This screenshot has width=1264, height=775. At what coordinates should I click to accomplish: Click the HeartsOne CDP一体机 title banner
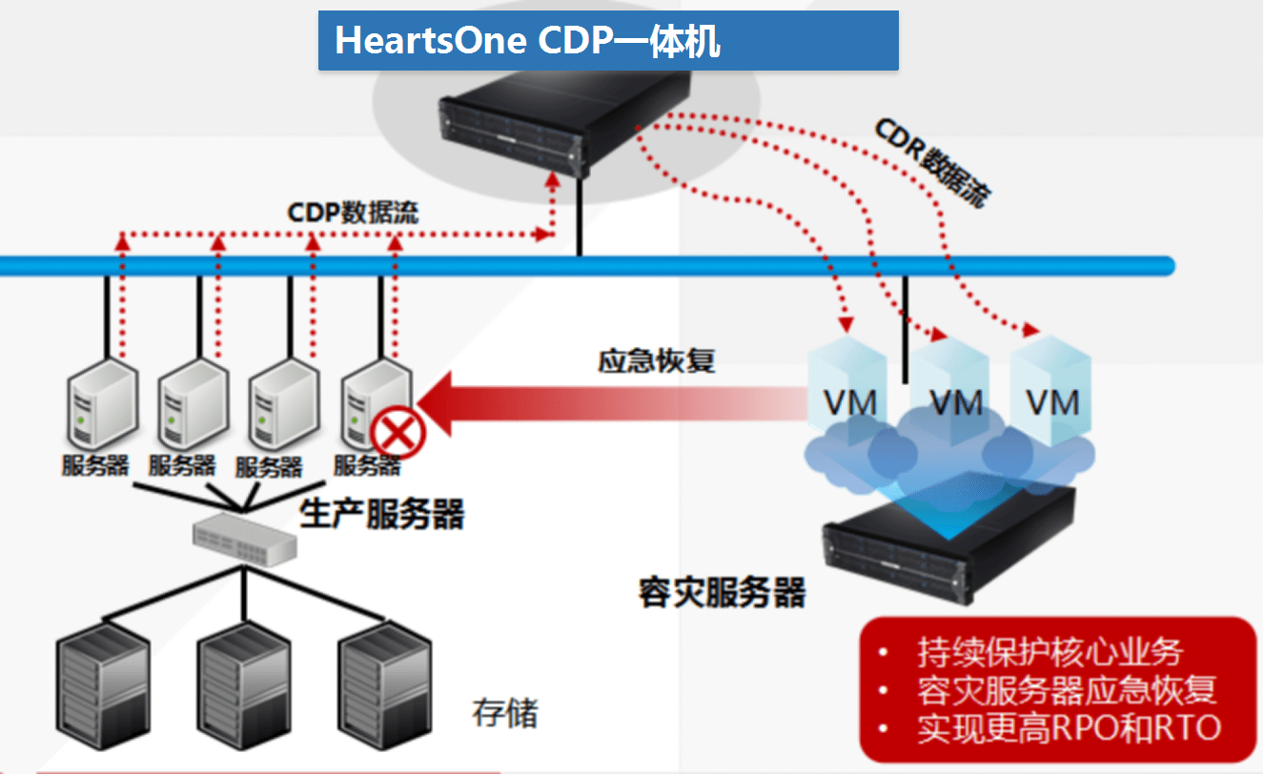(608, 41)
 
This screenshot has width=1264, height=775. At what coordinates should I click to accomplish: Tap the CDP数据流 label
(354, 212)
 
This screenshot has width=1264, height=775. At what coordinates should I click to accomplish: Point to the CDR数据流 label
(932, 163)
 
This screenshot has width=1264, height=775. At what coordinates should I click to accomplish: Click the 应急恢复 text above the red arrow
(656, 361)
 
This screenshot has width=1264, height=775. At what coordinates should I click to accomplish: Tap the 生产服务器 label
(382, 515)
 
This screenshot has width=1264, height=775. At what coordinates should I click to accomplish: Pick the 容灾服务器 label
(722, 592)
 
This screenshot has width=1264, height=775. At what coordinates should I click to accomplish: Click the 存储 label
(505, 712)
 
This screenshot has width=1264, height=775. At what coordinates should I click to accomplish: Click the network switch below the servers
(244, 540)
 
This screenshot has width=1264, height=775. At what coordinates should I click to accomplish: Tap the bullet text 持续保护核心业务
(1050, 653)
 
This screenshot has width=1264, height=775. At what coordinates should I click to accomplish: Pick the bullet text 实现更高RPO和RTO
(1069, 728)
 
